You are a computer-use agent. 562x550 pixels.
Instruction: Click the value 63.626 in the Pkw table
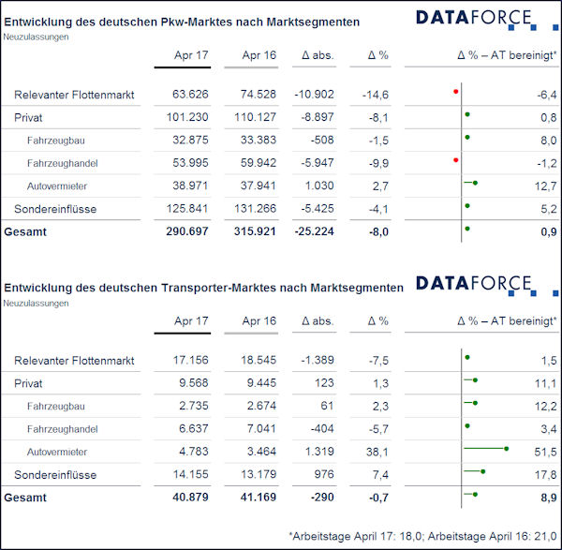(x=190, y=95)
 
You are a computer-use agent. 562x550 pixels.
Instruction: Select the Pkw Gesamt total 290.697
(x=186, y=231)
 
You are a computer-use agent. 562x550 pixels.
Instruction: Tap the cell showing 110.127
(x=255, y=117)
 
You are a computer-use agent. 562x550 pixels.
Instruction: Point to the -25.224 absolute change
(x=314, y=231)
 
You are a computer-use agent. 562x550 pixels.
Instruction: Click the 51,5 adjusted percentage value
(x=545, y=453)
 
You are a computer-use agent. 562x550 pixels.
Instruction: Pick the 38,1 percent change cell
(x=377, y=453)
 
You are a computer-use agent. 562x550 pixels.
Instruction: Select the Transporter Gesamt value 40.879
(x=190, y=498)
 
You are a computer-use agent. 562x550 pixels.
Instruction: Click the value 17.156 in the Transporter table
(x=190, y=360)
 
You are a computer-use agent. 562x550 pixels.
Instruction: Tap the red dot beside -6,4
(x=455, y=92)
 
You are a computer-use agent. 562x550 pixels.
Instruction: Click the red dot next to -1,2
(x=455, y=160)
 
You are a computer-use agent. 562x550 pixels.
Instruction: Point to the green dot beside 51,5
(x=506, y=449)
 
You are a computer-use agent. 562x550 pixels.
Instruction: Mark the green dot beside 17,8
(x=482, y=471)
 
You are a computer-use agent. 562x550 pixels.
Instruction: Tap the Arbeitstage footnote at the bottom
(x=423, y=536)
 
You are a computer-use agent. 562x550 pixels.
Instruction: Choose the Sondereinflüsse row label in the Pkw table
(x=55, y=209)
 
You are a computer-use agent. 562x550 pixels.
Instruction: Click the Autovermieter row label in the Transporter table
(x=57, y=453)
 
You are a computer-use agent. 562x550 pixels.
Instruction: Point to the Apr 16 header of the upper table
(x=259, y=55)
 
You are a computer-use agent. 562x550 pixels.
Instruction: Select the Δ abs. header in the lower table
(x=318, y=321)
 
